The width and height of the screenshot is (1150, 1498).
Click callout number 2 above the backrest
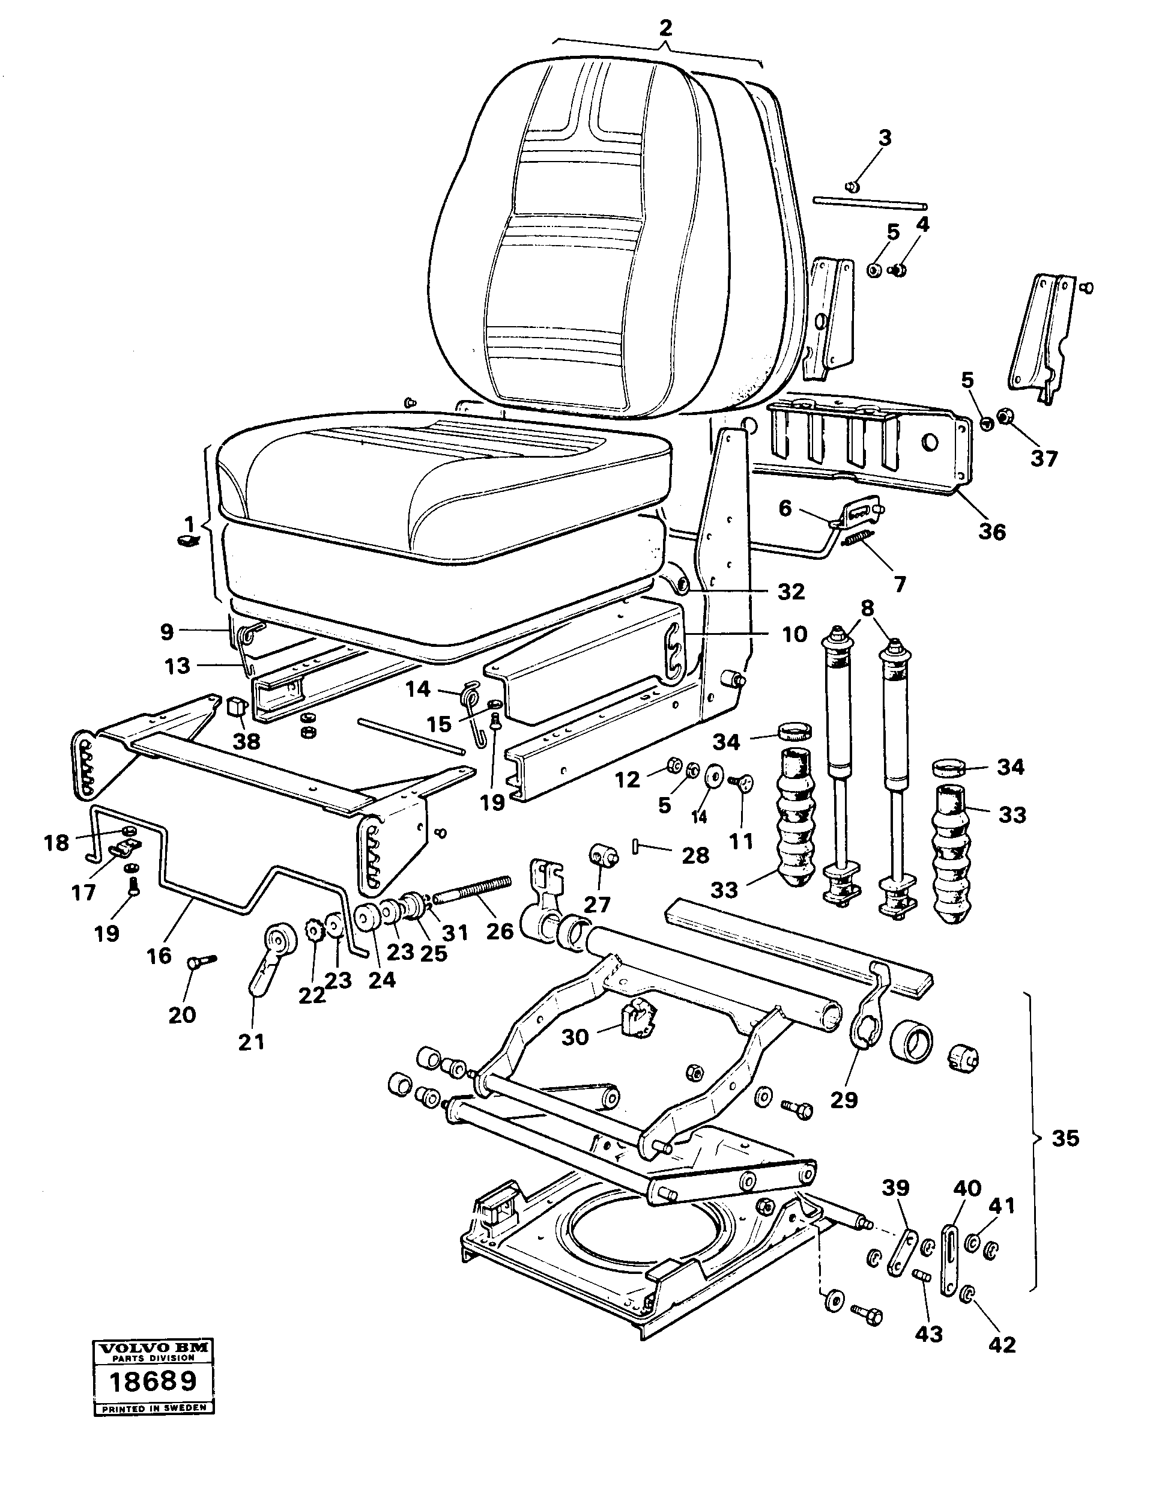coord(665,28)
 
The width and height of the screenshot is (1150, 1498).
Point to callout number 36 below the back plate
coord(992,532)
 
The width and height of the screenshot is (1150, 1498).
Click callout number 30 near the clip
coord(575,1037)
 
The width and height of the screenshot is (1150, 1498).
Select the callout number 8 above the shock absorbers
coord(867,608)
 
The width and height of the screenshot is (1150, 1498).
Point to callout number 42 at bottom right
coord(1002,1345)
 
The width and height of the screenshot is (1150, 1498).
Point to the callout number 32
coord(791,592)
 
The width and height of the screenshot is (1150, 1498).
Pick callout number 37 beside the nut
coord(1044,458)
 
